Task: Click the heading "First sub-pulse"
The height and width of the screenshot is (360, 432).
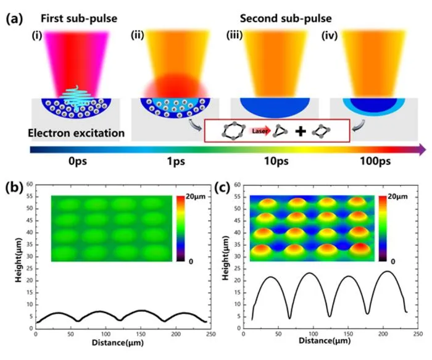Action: pos(79,19)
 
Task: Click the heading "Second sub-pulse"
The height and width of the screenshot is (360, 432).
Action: pos(286,19)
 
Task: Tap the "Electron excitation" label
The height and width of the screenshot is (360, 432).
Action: pos(77,133)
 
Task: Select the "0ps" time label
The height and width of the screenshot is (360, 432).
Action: pos(78,161)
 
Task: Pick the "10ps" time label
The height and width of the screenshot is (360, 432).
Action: pos(276,161)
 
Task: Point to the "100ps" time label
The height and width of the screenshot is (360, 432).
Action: pos(375,161)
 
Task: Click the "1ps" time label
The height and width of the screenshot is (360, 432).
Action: pos(176,161)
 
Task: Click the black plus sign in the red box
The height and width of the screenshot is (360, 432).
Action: pos(301,131)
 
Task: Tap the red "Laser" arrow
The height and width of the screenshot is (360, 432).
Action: pos(260,131)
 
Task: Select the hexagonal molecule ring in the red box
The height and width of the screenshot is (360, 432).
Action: pos(234,130)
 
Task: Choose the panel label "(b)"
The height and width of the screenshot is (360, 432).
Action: pos(14,188)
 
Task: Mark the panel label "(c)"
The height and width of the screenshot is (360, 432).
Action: pos(222,188)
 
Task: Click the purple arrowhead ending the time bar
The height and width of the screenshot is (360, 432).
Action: pos(423,149)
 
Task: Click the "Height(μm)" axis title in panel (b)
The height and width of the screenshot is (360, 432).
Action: pos(18,260)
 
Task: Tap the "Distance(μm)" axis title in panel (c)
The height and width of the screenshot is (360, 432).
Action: pos(325,341)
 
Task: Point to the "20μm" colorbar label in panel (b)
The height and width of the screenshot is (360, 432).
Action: pos(196,196)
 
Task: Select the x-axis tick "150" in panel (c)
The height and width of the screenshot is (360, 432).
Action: pos(348,334)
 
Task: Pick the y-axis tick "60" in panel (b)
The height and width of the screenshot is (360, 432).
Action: pos(30,184)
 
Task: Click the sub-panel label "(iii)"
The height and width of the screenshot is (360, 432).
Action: pos(234,35)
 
